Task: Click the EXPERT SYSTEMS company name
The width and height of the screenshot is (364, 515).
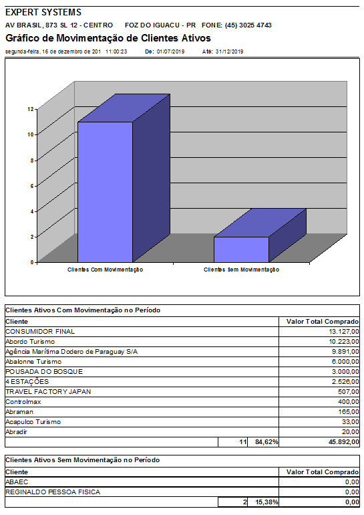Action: click(43, 12)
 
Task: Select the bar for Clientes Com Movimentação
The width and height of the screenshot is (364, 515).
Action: click(106, 191)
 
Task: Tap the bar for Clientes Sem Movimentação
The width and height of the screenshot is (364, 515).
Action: click(241, 249)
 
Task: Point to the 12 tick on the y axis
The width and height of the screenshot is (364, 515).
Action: click(31, 109)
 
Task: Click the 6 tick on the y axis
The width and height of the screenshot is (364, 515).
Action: click(31, 185)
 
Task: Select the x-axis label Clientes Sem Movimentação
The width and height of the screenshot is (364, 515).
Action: click(241, 270)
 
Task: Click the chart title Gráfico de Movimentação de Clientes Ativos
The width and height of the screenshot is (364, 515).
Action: click(108, 38)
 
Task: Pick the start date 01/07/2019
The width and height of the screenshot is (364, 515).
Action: click(170, 51)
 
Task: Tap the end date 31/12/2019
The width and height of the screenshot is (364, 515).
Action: click(229, 51)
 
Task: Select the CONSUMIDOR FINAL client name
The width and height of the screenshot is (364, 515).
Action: click(40, 331)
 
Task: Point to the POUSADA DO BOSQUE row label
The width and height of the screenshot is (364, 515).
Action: click(44, 371)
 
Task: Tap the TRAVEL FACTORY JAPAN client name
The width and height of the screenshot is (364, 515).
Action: click(48, 391)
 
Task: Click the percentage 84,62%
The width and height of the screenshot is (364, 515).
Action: click(266, 442)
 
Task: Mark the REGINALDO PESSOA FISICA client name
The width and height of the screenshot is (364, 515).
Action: click(53, 492)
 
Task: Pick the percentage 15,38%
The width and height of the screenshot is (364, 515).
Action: click(266, 502)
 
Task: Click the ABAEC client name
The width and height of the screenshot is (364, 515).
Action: click(17, 482)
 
